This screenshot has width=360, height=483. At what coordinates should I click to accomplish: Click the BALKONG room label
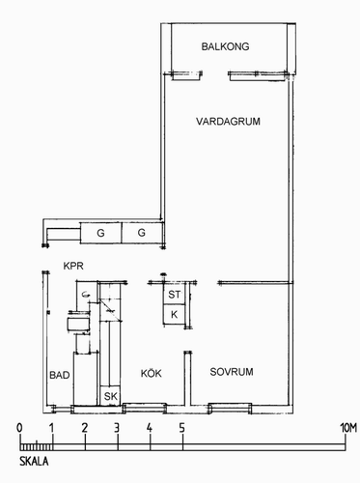pyautogui.click(x=225, y=46)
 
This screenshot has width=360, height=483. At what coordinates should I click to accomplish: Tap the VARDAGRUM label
pyautogui.click(x=228, y=122)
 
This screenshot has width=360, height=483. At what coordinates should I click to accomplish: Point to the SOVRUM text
pyautogui.click(x=232, y=372)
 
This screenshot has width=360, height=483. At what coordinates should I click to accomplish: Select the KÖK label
pyautogui.click(x=152, y=373)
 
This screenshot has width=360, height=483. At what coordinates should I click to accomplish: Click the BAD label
pyautogui.click(x=60, y=375)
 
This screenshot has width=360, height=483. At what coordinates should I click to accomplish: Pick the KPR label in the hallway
pyautogui.click(x=73, y=266)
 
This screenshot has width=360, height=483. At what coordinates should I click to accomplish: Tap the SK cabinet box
pyautogui.click(x=110, y=396)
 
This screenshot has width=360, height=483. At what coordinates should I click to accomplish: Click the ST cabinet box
pyautogui.click(x=175, y=294)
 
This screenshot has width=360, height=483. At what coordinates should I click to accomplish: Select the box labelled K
pyautogui.click(x=175, y=314)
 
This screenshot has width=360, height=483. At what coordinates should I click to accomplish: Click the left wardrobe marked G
pyautogui.click(x=100, y=233)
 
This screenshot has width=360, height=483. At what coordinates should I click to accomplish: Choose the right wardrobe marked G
pyautogui.click(x=142, y=233)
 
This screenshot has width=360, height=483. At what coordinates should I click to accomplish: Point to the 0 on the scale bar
pyautogui.click(x=19, y=428)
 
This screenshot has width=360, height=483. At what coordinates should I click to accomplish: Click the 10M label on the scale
pyautogui.click(x=348, y=428)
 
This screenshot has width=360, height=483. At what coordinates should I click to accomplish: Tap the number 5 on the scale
pyautogui.click(x=182, y=428)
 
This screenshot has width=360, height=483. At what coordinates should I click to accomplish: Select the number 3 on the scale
pyautogui.click(x=117, y=428)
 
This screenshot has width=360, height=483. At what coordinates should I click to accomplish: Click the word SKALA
pyautogui.click(x=34, y=461)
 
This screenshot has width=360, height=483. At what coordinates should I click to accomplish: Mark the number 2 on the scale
pyautogui.click(x=85, y=428)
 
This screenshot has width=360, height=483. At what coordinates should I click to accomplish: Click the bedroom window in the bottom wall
pyautogui.click(x=230, y=408)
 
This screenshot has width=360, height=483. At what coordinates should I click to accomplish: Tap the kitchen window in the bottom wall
pyautogui.click(x=145, y=408)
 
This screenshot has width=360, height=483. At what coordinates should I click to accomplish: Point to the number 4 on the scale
pyautogui.click(x=150, y=428)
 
